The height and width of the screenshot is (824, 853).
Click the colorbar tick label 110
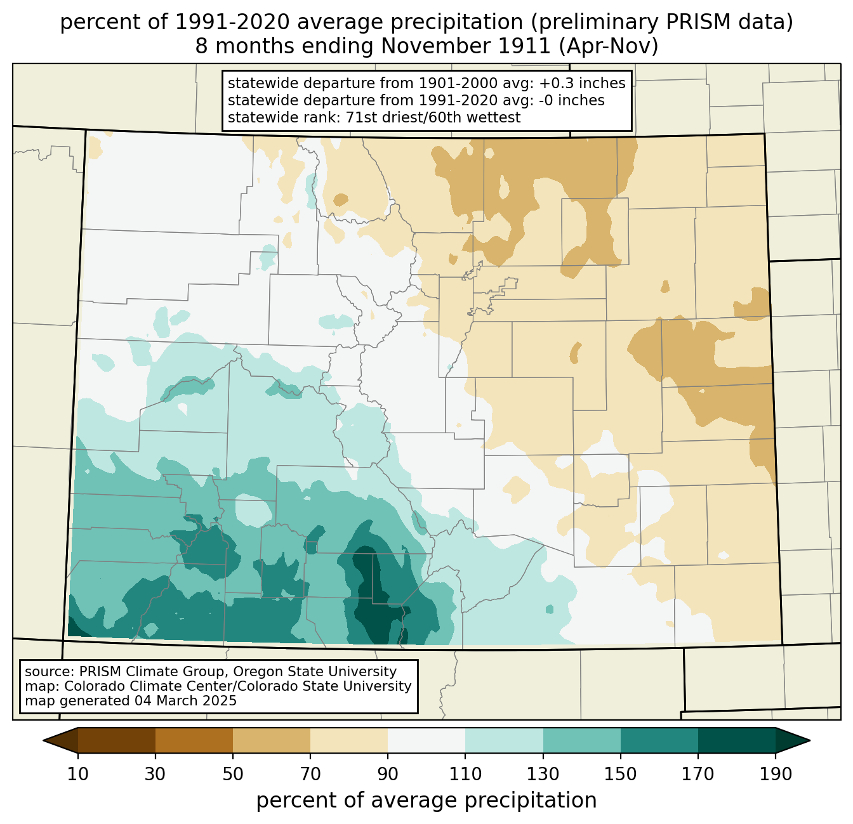coord(465,774)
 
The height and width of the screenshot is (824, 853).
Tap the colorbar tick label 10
coord(78,774)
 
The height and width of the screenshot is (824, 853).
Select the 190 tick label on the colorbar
coord(776,774)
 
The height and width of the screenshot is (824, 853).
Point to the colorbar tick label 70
coord(310,774)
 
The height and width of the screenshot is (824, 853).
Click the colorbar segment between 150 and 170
coord(659,740)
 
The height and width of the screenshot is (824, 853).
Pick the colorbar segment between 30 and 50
coord(194,740)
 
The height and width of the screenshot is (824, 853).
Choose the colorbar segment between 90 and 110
coord(426,740)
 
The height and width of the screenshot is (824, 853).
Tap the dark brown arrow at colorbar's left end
coord(60,740)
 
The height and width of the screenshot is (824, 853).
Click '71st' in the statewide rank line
coord(360,117)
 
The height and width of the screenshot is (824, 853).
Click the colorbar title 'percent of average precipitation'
coord(426,801)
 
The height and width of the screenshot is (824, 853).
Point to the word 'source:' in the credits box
coord(50,672)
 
